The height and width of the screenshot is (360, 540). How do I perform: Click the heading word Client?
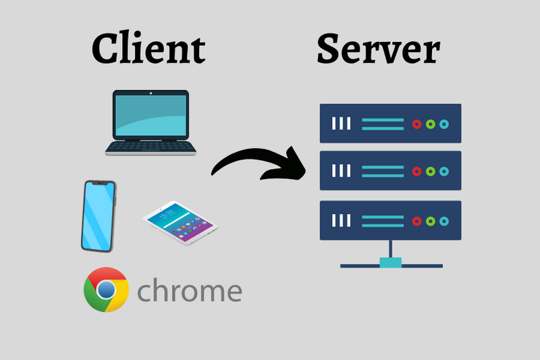[148, 49]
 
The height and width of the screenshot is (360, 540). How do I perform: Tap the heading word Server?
[378, 49]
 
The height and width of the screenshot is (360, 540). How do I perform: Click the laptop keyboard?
[151, 147]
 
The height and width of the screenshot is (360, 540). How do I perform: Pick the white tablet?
[181, 222]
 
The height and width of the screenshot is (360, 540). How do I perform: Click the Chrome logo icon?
[106, 290]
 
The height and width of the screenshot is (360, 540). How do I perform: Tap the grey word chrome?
[190, 291]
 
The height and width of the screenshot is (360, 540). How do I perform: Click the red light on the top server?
[417, 124]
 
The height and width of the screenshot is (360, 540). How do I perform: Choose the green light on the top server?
[430, 124]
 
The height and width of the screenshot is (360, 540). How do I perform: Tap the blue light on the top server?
[443, 124]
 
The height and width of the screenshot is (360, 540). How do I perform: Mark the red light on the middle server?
[417, 172]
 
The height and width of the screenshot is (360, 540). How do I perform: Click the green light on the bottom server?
[430, 221]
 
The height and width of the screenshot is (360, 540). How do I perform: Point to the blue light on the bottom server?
[443, 221]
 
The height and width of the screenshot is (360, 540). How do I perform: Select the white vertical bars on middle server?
[341, 172]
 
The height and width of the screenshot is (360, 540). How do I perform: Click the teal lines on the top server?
[382, 124]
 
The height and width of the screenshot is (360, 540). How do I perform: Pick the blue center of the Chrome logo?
[106, 290]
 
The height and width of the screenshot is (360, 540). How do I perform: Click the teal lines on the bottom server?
[382, 221]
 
